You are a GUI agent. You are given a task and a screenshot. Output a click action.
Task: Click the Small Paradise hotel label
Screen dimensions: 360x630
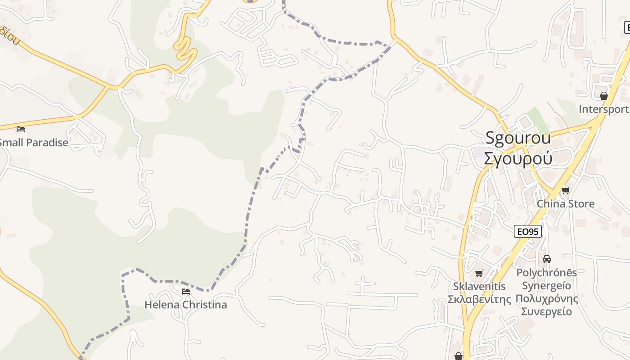click(34, 143)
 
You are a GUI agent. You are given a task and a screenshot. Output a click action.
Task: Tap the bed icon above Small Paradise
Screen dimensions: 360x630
click(21, 129)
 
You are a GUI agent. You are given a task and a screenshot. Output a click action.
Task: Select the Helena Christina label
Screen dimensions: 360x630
click(185, 305)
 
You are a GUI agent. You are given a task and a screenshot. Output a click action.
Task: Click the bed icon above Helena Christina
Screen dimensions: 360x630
click(185, 292)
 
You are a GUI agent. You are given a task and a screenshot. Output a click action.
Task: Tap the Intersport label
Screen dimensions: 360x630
click(603, 109)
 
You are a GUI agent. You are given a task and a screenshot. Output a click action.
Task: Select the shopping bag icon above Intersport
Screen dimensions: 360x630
click(603, 96)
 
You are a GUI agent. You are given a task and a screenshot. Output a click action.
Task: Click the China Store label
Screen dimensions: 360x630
click(566, 204)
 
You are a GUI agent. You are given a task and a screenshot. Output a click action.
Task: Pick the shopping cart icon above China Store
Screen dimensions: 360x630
click(566, 190)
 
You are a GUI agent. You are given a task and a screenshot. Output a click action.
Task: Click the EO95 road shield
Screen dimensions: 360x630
click(527, 232)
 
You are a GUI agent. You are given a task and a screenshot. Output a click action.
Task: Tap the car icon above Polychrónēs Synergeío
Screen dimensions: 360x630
click(547, 259)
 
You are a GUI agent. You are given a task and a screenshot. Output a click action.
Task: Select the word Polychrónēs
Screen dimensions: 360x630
click(547, 273)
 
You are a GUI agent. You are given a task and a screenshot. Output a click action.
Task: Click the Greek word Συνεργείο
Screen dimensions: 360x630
click(547, 311)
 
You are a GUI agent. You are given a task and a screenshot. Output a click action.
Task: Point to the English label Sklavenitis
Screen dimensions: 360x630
click(479, 287)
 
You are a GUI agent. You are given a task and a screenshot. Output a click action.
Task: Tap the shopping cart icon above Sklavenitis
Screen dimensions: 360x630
click(479, 273)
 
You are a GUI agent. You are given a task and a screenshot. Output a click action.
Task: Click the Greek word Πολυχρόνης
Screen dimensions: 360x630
click(547, 299)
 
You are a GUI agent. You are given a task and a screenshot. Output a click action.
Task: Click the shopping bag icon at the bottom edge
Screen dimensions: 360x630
click(459, 356)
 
